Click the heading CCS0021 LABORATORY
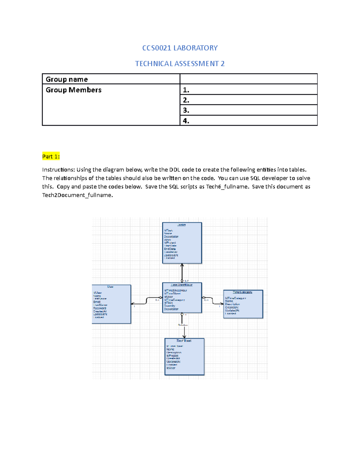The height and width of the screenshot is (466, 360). tap(180, 48)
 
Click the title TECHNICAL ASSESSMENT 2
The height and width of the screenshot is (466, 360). tap(180, 64)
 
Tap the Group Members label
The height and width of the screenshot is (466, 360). tap(73, 90)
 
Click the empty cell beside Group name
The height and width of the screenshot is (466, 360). tap(248, 79)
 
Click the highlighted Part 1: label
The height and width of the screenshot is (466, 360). tap(51, 156)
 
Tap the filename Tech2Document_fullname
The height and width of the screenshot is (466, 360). tap(77, 195)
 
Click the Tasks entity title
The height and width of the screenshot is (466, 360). tap(181, 225)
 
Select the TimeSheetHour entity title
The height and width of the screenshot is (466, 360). tap(181, 285)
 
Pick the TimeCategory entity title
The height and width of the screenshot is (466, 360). tap(242, 292)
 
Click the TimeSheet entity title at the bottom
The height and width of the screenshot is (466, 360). tap(184, 341)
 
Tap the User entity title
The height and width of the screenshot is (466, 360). tap(110, 287)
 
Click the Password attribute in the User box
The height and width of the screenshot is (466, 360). tap(100, 308)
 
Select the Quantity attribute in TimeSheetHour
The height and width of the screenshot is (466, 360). tap(169, 306)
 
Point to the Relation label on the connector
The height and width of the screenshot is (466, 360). tap(183, 325)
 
